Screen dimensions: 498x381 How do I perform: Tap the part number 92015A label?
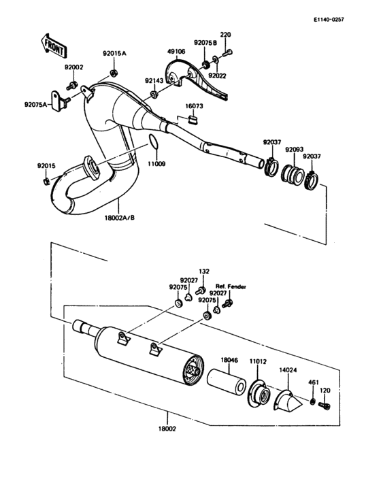pos(114,53)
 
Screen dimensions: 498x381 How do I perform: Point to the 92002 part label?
pos(73,68)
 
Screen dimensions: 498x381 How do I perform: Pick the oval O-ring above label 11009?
pos(154,142)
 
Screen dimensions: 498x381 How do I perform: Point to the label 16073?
pos(195,107)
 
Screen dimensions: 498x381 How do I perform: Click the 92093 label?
pos(295,149)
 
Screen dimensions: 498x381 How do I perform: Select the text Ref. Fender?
pos(231,286)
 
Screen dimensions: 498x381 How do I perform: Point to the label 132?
pos(203,270)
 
